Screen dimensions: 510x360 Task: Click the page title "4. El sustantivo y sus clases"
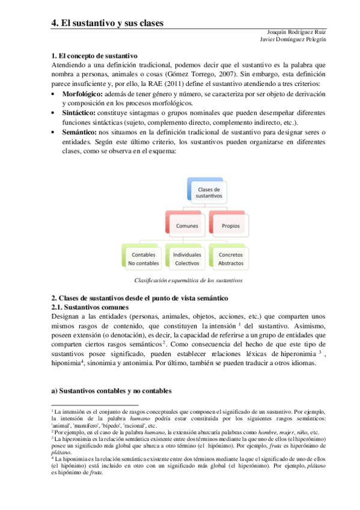(x=108, y=23)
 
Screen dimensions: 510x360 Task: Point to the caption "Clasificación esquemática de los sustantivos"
(x=188, y=280)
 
